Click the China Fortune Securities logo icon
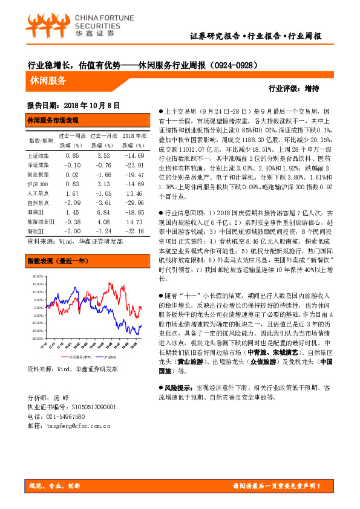click(46, 25)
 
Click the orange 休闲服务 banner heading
click(48, 80)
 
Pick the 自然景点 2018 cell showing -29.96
click(133, 203)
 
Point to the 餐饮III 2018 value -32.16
click(133, 231)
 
